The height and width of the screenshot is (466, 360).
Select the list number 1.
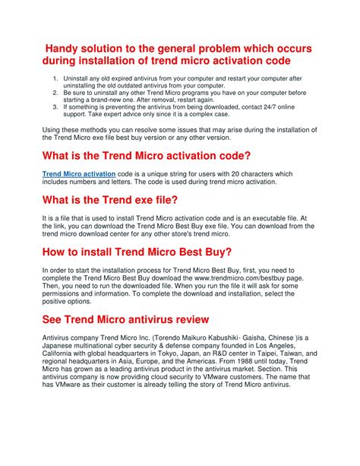[x=54, y=78]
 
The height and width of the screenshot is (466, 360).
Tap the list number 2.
[x=54, y=93]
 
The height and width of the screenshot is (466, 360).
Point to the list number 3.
[x=54, y=107]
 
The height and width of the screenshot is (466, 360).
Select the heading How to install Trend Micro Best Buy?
[x=137, y=252]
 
